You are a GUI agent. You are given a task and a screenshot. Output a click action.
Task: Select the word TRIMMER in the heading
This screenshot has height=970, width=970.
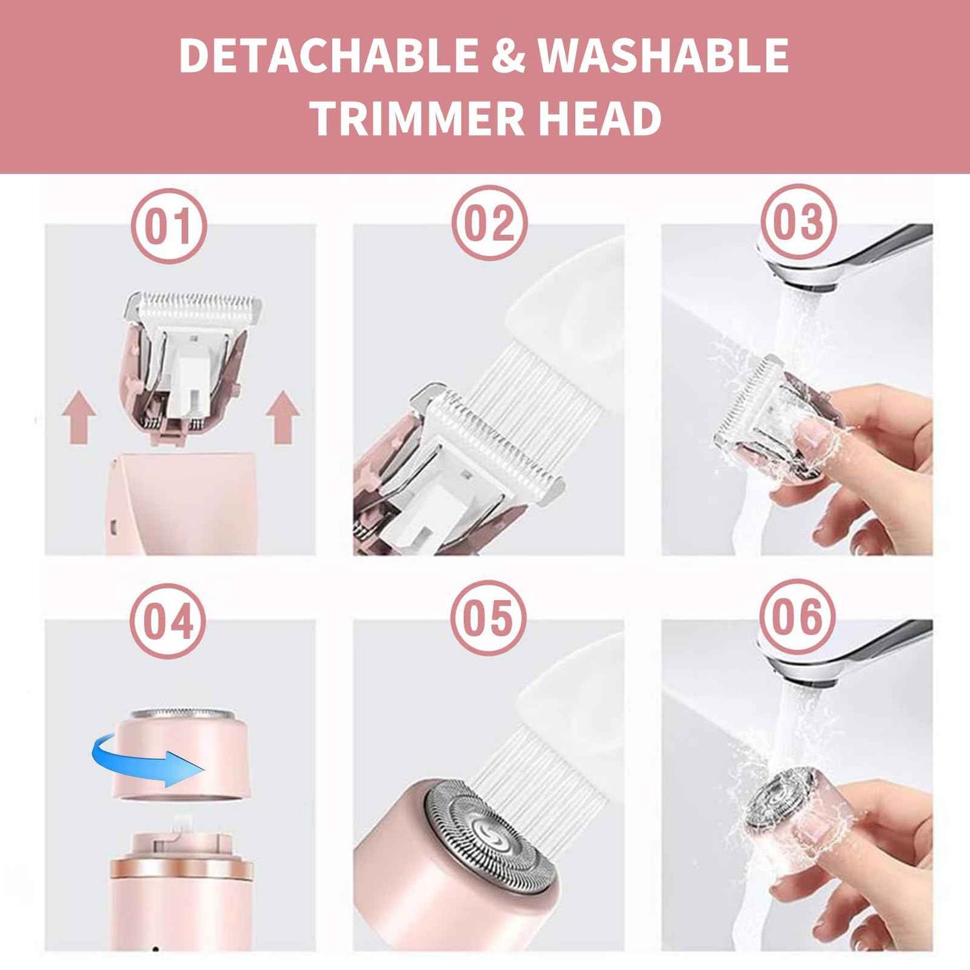[417, 118]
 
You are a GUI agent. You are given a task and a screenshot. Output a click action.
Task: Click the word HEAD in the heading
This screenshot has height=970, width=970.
[600, 118]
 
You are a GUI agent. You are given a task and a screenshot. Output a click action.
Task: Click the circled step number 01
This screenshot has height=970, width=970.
[168, 226]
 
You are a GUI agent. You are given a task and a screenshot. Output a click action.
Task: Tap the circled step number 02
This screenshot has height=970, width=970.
[489, 224]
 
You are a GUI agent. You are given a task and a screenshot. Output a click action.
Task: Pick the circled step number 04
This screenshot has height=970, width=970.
[168, 621]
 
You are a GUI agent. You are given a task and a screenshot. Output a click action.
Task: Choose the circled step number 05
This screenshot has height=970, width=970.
[488, 618]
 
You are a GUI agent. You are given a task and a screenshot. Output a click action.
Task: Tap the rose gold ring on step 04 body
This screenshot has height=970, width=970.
[182, 869]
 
